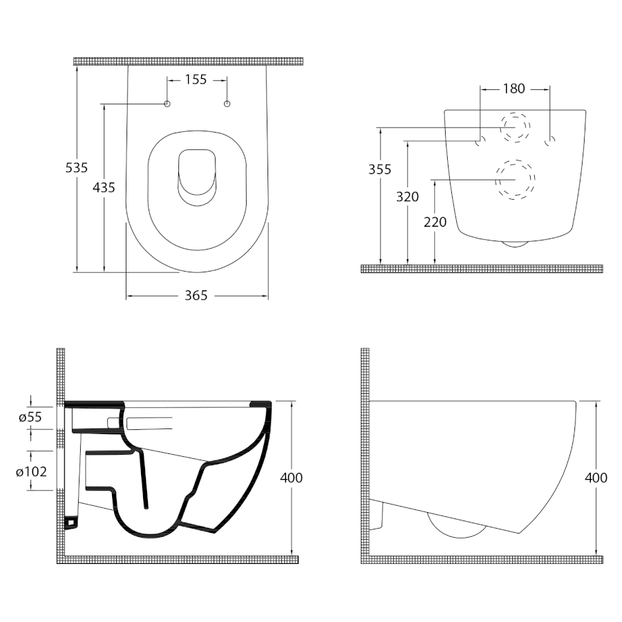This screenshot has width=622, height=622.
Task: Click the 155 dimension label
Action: (196, 79)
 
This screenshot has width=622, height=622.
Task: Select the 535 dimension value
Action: (77, 168)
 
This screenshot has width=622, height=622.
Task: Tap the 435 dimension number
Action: (104, 187)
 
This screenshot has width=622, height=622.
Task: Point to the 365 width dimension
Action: (196, 296)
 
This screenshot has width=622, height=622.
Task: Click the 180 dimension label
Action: (514, 89)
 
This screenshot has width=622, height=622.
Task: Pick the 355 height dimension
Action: (380, 169)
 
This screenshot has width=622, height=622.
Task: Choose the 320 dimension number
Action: (407, 197)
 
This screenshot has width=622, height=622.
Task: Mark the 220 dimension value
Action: (435, 222)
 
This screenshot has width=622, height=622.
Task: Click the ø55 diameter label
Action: (30, 417)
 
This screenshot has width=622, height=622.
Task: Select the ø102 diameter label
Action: (31, 471)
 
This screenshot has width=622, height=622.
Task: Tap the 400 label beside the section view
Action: (292, 478)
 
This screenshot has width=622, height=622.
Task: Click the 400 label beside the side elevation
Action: (596, 478)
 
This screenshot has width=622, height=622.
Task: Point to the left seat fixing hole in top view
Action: (167, 104)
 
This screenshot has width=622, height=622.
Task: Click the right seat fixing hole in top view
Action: (227, 104)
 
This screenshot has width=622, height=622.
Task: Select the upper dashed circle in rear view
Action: (515, 127)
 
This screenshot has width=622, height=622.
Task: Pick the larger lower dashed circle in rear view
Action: (515, 180)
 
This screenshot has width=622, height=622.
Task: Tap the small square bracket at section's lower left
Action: (71, 522)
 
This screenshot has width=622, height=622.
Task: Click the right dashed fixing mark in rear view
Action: (550, 140)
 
